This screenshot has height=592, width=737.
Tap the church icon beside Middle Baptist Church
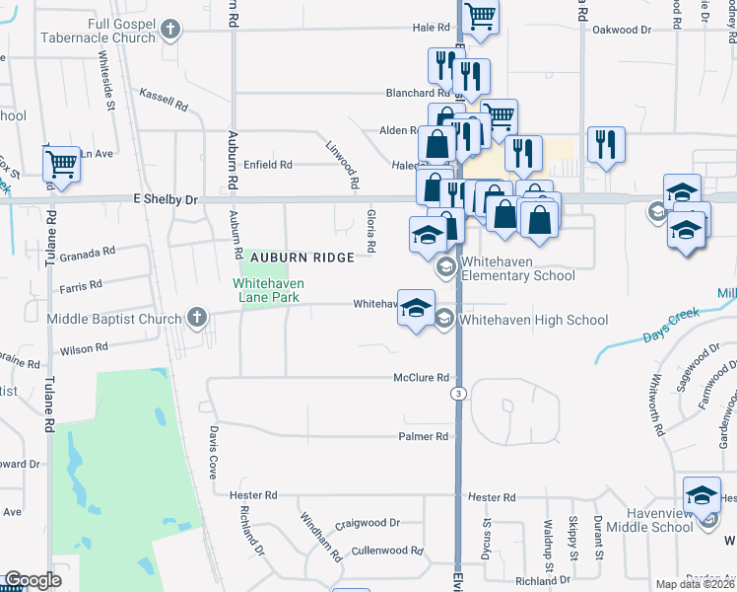coord(196,318)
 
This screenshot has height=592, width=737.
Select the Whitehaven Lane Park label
coord(268,289)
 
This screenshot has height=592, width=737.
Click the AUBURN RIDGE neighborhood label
coord(301,257)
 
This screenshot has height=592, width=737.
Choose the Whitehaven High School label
coord(533,320)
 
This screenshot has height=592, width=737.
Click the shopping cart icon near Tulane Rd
coord(62,164)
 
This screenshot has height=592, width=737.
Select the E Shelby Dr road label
coord(166,199)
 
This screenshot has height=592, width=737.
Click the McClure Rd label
coord(421,377)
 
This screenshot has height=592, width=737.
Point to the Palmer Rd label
coord(424,436)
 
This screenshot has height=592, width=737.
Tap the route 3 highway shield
coord(457,393)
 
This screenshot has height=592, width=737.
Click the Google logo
coord(33,580)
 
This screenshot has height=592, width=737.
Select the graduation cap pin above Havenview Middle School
coord(702,493)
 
